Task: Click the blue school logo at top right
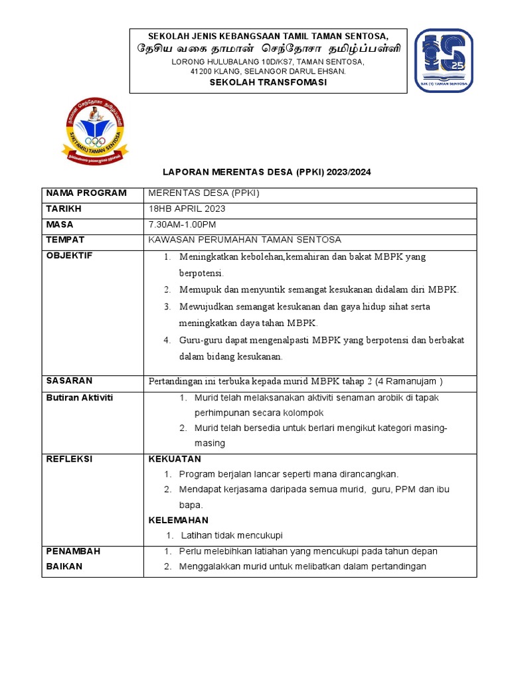(x=444, y=61)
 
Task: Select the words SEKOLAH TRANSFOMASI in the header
(x=268, y=82)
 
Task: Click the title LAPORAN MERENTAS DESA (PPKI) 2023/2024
(x=267, y=172)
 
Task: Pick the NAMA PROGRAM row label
(x=86, y=193)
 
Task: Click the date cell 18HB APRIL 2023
(x=188, y=209)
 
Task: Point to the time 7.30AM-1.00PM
(x=183, y=225)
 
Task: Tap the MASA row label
(x=60, y=225)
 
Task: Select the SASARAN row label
(x=69, y=381)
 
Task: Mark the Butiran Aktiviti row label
(x=80, y=397)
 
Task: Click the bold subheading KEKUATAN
(x=175, y=460)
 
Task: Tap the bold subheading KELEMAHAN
(x=178, y=520)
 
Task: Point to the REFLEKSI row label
(x=69, y=460)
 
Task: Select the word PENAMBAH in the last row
(x=72, y=552)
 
